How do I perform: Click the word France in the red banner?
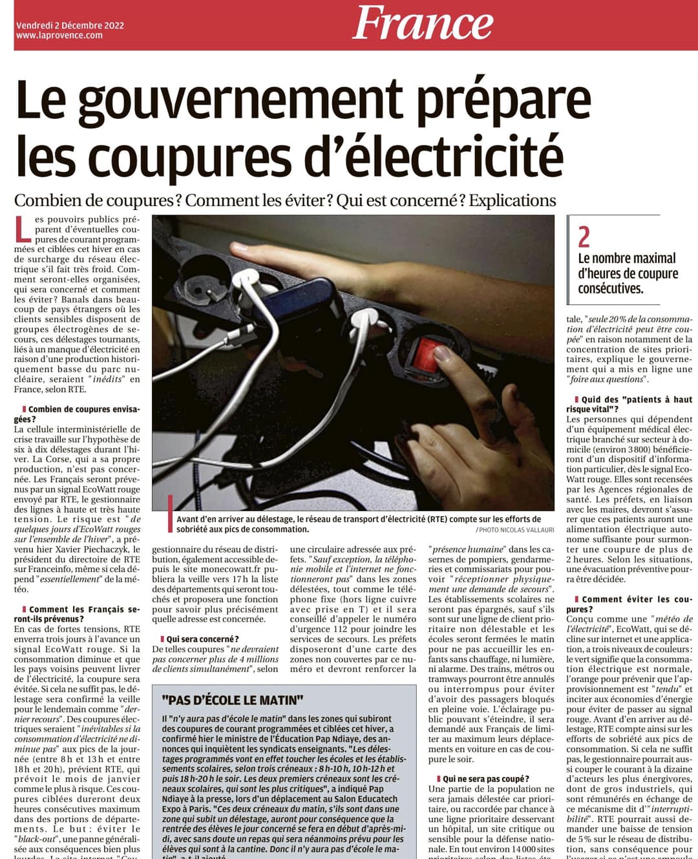coord(423,23)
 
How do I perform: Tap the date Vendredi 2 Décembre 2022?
coord(70,25)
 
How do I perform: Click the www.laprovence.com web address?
coord(59,36)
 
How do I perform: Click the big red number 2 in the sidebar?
coord(584,237)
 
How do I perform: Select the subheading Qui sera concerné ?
coord(202,639)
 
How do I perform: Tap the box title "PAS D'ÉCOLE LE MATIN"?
coord(233,700)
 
